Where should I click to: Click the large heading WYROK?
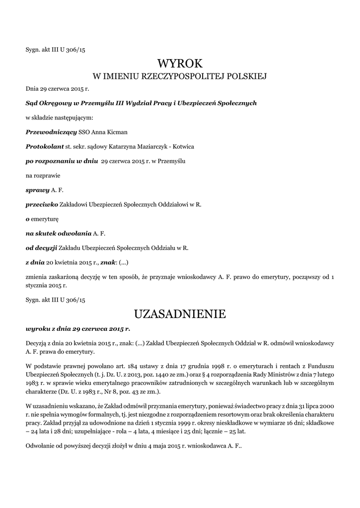(x=180, y=63)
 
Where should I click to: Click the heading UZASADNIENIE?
(x=180, y=314)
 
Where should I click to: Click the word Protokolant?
(x=44, y=147)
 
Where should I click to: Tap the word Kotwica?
(x=181, y=147)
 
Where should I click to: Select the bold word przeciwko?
(x=41, y=204)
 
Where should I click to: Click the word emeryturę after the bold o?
(x=45, y=218)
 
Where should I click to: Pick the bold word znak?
(x=108, y=261)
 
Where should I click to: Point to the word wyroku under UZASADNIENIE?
(x=37, y=328)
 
